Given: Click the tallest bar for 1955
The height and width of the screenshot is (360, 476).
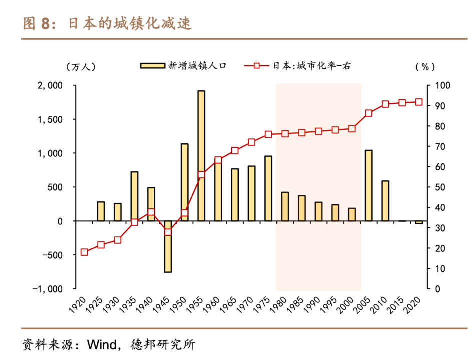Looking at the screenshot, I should tap(201, 156).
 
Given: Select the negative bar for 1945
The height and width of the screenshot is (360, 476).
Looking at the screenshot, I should tap(168, 246).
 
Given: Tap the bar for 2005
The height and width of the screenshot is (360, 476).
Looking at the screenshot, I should tap(368, 185).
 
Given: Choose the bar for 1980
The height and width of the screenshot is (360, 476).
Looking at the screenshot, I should tap(285, 206).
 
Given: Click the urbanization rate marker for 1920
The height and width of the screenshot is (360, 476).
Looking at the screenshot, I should tap(84, 252).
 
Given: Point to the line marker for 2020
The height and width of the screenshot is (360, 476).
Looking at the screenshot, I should tap(419, 102).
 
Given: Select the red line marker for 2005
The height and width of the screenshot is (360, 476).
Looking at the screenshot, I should tap(368, 113).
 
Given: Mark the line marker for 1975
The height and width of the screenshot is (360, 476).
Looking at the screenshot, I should tap(268, 134).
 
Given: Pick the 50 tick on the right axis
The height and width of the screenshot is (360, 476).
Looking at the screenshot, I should tap(441, 187).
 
